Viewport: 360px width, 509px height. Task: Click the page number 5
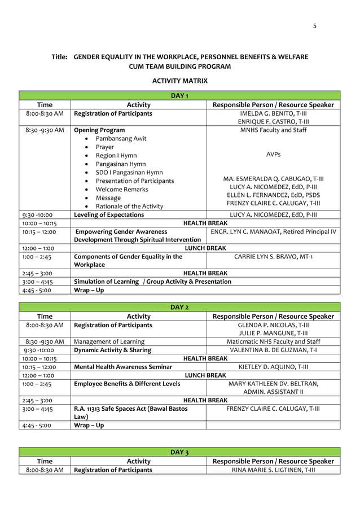(x=315, y=26)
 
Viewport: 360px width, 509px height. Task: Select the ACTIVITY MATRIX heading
(x=180, y=81)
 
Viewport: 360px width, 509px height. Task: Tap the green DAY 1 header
(x=179, y=95)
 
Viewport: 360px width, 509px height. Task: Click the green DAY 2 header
(x=179, y=307)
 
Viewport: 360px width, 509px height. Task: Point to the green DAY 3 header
(x=179, y=452)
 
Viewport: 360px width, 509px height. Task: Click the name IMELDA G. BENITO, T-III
(x=273, y=114)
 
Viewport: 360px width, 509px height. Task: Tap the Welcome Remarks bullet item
(x=122, y=189)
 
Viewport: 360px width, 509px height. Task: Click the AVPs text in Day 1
(x=273, y=155)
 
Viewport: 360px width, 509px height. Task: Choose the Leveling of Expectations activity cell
(x=109, y=215)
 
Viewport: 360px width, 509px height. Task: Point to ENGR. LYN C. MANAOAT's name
(x=273, y=232)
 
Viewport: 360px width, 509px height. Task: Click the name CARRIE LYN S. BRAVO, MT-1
(x=273, y=257)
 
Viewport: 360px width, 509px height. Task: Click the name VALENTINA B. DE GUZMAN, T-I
(x=273, y=350)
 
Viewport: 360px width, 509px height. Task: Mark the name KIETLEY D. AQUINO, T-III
(x=273, y=367)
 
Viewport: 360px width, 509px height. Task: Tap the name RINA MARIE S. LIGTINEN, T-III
(x=273, y=469)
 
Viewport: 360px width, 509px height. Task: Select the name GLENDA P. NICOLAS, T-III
(x=273, y=325)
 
